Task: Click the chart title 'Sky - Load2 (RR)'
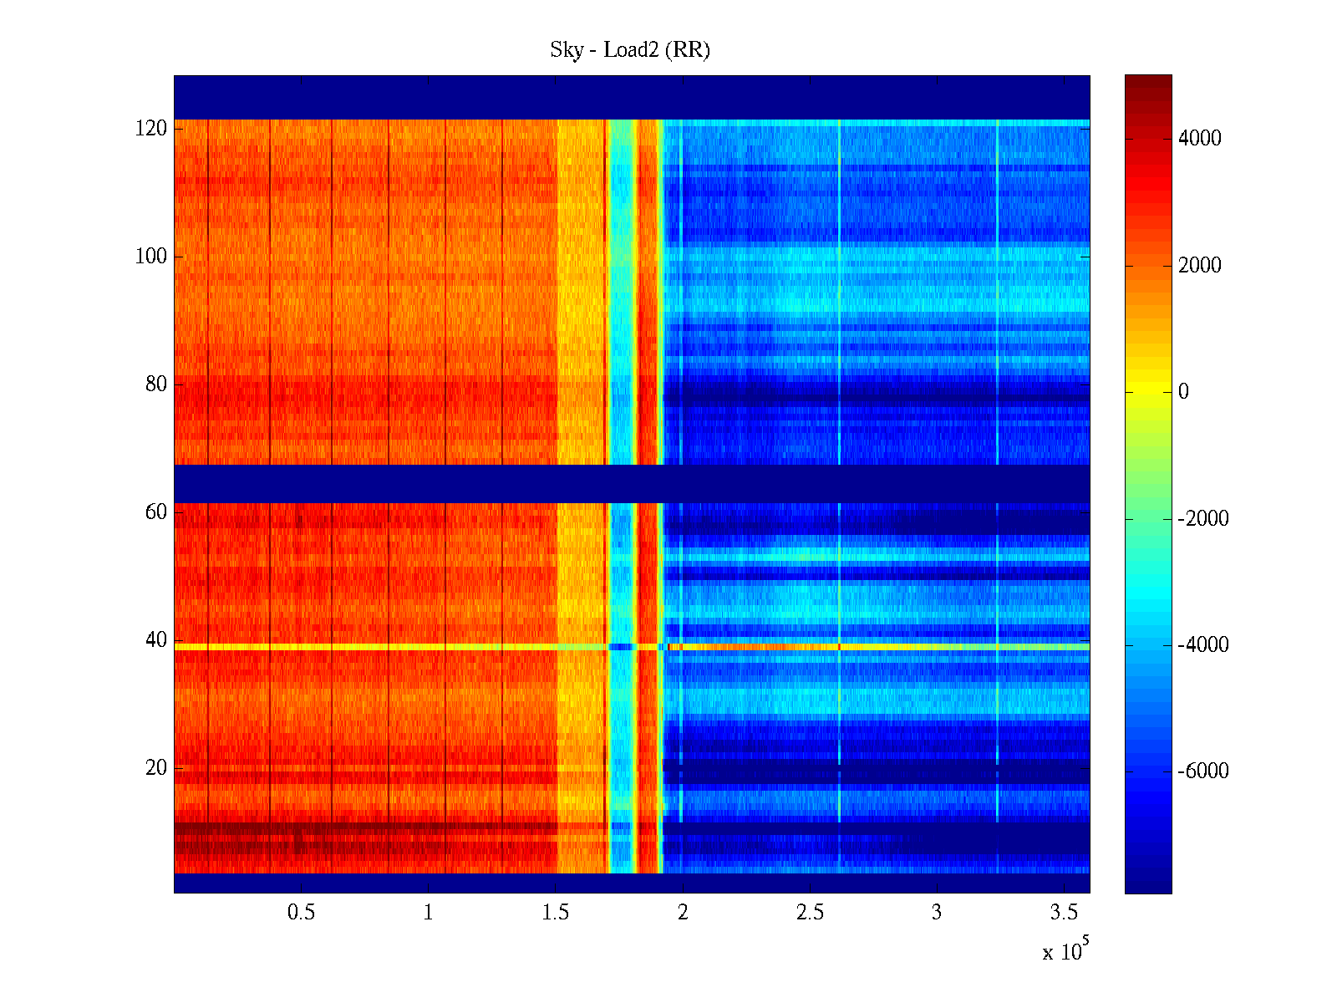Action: (629, 50)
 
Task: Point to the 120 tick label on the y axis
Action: (151, 129)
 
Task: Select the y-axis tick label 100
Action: (151, 257)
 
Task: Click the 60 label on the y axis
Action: (156, 512)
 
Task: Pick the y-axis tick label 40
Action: (156, 640)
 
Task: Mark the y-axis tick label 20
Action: (156, 768)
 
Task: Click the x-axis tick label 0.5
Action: (301, 913)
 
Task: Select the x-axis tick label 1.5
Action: (555, 913)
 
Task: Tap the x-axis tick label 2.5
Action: (809, 913)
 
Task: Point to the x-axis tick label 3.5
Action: (1063, 913)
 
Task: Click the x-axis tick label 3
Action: (936, 913)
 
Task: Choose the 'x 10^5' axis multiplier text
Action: (1065, 951)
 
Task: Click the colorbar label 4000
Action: (1199, 139)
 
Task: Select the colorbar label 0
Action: (1183, 392)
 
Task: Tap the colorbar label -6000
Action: (1203, 771)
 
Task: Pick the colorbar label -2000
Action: (1203, 519)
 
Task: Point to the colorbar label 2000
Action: (1199, 266)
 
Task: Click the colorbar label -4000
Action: (1203, 645)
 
